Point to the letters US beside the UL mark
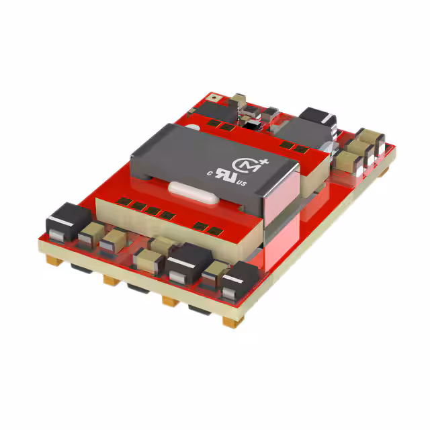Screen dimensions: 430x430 pyautogui.click(x=253, y=182)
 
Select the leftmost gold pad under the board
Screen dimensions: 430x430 pyautogui.click(x=52, y=257)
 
